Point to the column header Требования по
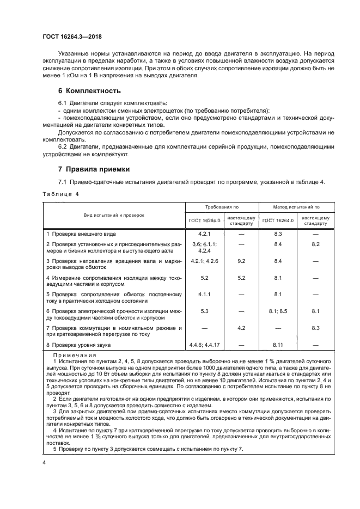coord(222,207)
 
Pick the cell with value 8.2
coord(315,245)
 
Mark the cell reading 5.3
coord(205,311)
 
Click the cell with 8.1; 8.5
coord(277,311)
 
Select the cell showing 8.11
coord(277,345)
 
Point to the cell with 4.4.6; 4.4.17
coord(205,345)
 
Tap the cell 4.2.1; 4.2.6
coord(205,261)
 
